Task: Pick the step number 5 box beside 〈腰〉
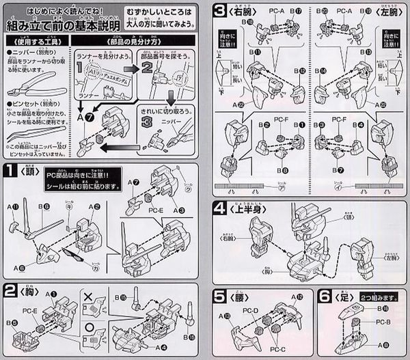point(220,297)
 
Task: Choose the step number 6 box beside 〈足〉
point(327,297)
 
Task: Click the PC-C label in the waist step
point(280,350)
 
